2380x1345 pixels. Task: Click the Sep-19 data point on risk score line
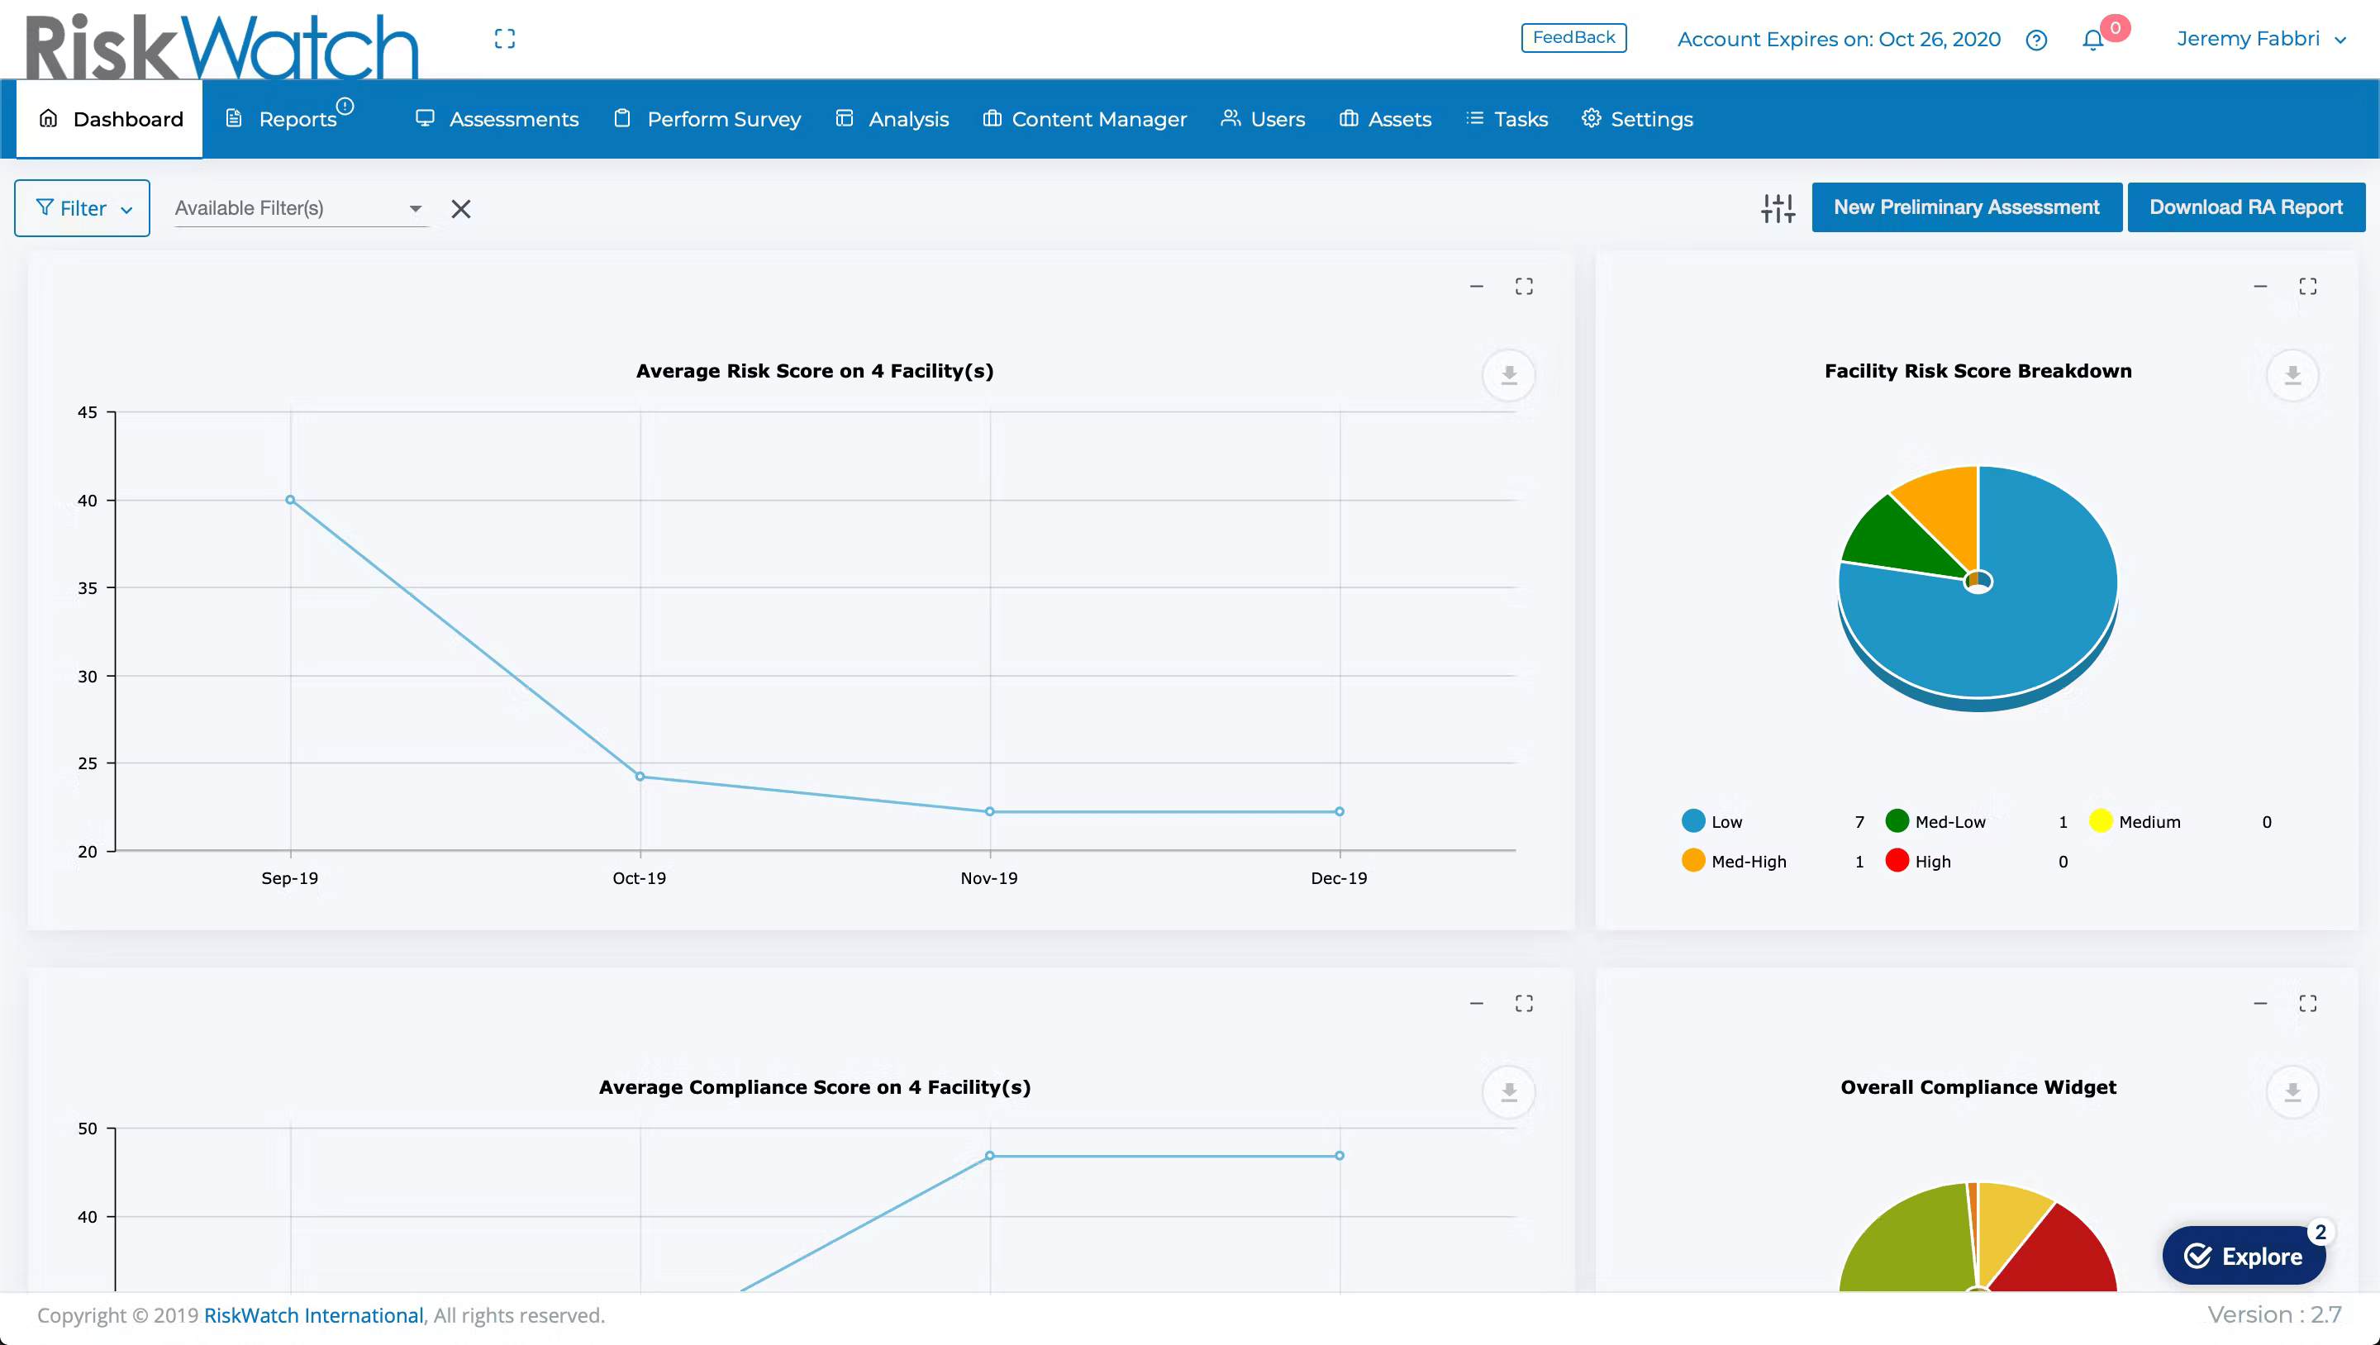click(x=290, y=500)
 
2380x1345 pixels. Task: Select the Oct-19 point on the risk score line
click(x=640, y=777)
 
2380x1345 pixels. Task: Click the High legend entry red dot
click(x=1897, y=861)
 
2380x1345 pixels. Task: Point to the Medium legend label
click(x=2149, y=822)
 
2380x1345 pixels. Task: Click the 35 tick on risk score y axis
click(x=87, y=588)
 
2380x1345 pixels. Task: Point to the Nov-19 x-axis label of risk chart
click(x=988, y=878)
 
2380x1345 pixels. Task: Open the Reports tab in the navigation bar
click(x=297, y=119)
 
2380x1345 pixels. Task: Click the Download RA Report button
click(x=2245, y=207)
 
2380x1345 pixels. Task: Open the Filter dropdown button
click(x=83, y=209)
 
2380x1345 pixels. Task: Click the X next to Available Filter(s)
click(x=461, y=209)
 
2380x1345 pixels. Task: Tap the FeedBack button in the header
click(x=1573, y=38)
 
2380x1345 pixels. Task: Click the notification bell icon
click(x=2092, y=40)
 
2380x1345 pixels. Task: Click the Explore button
click(x=2244, y=1256)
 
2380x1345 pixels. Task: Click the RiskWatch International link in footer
click(x=313, y=1315)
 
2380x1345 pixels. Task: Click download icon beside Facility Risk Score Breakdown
click(x=2292, y=375)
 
